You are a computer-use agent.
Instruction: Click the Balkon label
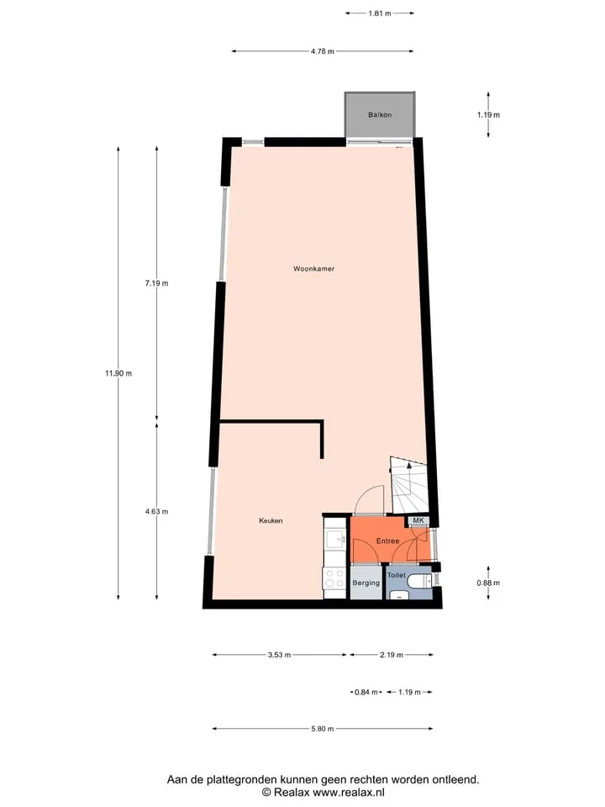coord(380,115)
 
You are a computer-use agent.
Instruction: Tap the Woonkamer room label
coord(313,269)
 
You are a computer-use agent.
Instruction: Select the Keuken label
coord(271,521)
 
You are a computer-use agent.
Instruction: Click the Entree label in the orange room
coord(388,541)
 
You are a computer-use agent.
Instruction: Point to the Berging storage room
coord(366,583)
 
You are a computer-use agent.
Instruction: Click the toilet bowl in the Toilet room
coord(418,582)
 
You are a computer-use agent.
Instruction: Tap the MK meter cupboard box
coord(418,520)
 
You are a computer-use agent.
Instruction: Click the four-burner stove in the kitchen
coord(334,578)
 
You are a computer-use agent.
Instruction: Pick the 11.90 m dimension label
coord(118,373)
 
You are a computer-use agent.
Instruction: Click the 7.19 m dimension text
coord(156,283)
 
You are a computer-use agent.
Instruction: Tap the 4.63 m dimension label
coord(156,512)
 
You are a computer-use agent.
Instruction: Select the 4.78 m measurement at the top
coord(322,51)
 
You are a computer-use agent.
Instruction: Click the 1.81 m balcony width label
coord(380,13)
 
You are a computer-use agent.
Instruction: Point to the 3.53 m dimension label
coord(279,655)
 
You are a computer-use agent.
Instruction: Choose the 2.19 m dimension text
coord(392,655)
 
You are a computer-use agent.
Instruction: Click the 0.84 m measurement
coord(366,692)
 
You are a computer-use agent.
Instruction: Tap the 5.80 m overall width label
coord(322,729)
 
